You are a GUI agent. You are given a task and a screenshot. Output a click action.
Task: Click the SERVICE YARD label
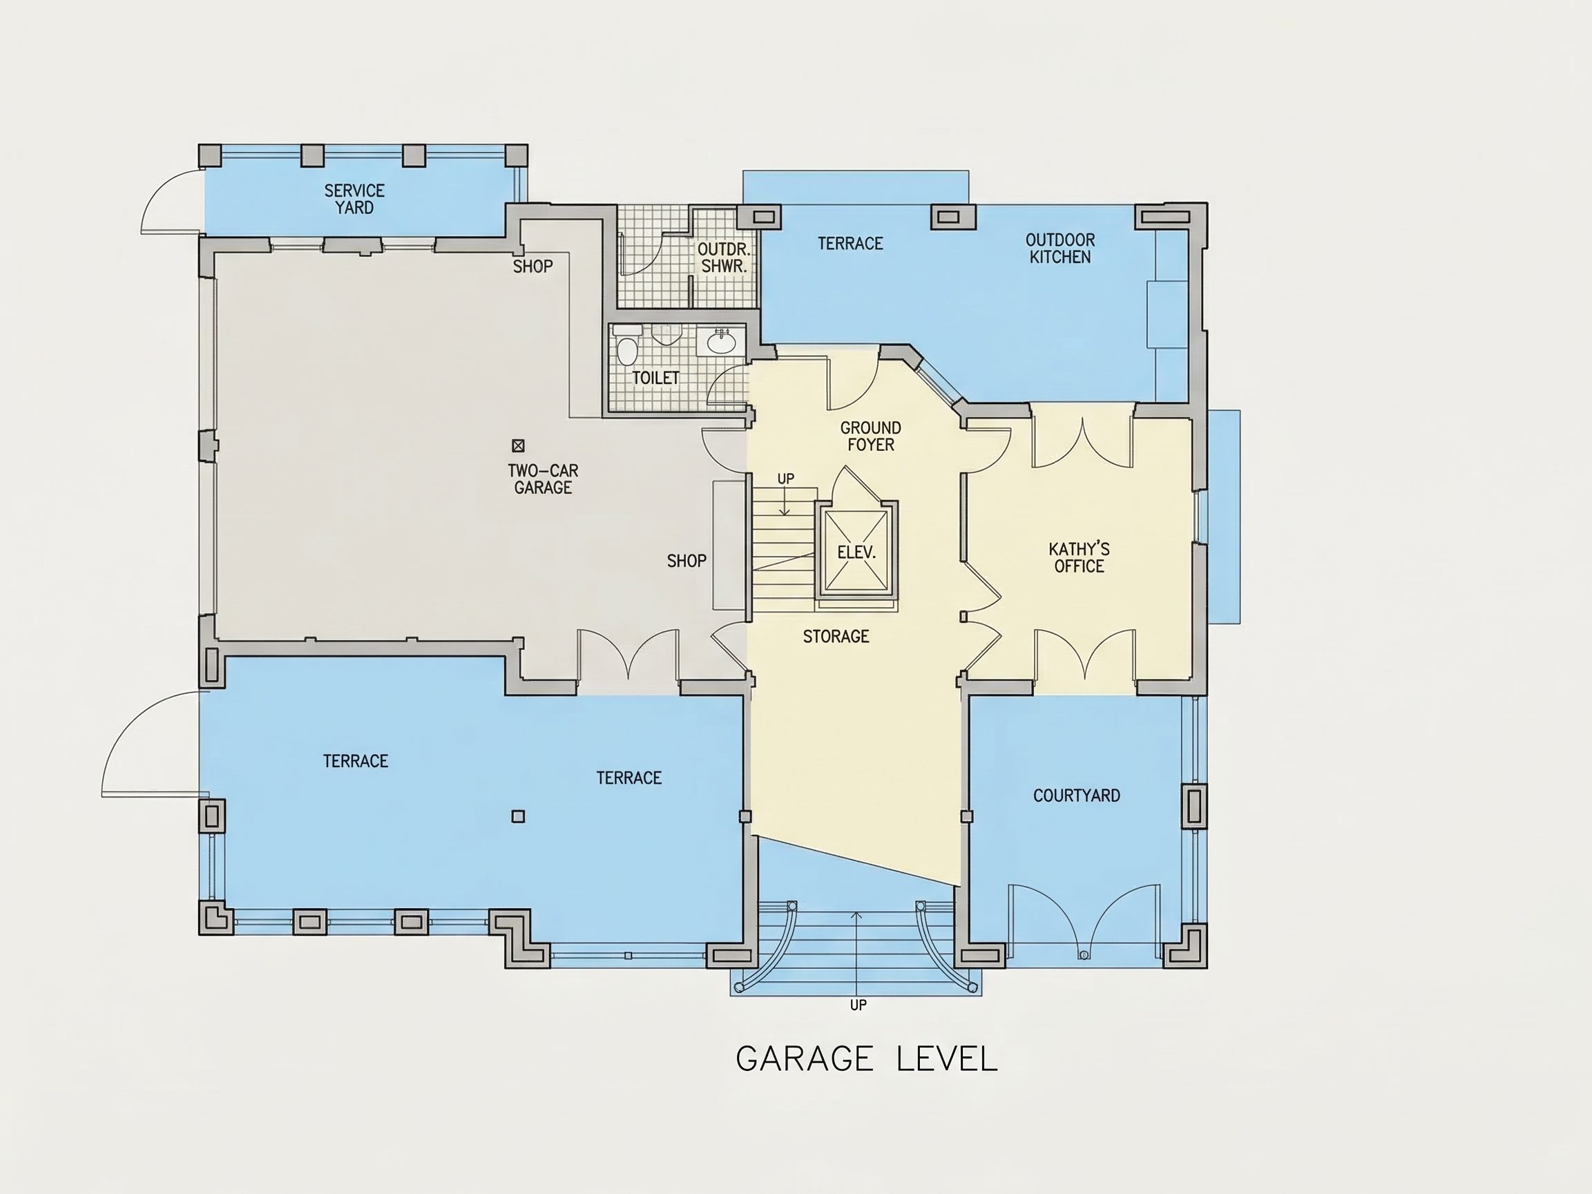pyautogui.click(x=354, y=200)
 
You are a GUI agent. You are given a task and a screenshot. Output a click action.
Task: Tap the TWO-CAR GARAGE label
pyautogui.click(x=543, y=479)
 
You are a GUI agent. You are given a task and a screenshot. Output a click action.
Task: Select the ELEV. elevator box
pyautogui.click(x=856, y=550)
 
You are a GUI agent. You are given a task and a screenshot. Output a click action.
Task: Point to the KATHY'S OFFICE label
pyautogui.click(x=1079, y=558)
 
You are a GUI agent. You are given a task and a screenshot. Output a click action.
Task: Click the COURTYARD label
pyautogui.click(x=1077, y=796)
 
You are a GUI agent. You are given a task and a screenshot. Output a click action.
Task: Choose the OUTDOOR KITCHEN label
pyautogui.click(x=1060, y=249)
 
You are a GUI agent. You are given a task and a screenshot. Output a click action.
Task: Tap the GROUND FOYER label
pyautogui.click(x=871, y=436)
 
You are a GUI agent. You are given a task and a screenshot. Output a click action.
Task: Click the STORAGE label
pyautogui.click(x=836, y=636)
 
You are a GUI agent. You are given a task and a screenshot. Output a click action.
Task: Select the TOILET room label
pyautogui.click(x=655, y=378)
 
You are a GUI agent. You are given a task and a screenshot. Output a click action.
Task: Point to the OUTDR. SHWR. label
pyautogui.click(x=724, y=258)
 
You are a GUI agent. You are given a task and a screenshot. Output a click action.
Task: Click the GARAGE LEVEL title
pyautogui.click(x=867, y=1059)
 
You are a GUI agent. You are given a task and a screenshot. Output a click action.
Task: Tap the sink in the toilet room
pyautogui.click(x=721, y=342)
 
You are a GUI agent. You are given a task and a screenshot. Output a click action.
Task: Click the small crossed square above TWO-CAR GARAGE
pyautogui.click(x=518, y=445)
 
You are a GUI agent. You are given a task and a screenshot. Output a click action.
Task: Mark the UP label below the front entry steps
pyautogui.click(x=858, y=1005)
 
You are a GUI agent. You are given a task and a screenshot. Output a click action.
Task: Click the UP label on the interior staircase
pyautogui.click(x=786, y=479)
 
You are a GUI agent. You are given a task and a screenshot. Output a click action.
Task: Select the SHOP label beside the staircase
pyautogui.click(x=687, y=561)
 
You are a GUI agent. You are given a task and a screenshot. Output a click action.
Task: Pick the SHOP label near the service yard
pyautogui.click(x=533, y=267)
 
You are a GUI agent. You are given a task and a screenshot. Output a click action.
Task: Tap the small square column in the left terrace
pyautogui.click(x=518, y=816)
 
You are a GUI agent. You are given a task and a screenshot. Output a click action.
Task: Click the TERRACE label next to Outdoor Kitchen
pyautogui.click(x=850, y=243)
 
